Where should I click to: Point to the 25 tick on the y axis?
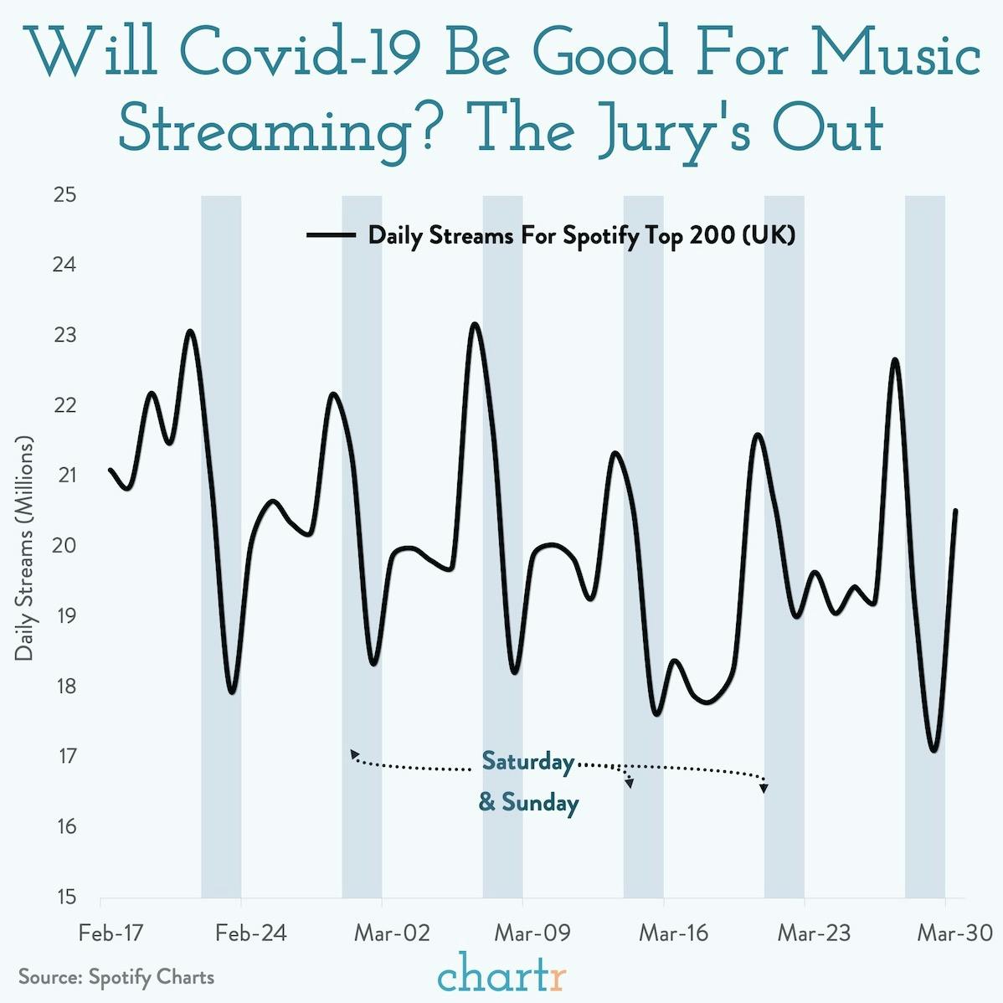(65, 196)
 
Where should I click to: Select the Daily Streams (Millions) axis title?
(24, 549)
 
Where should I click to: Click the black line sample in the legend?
(331, 236)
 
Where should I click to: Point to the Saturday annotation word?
(528, 762)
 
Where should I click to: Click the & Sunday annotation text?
(528, 804)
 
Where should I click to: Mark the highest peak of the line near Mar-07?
(475, 324)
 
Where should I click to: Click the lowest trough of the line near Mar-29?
(934, 750)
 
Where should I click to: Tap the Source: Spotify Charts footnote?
(116, 977)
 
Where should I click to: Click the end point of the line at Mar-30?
(955, 511)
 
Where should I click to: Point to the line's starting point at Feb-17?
(110, 470)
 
